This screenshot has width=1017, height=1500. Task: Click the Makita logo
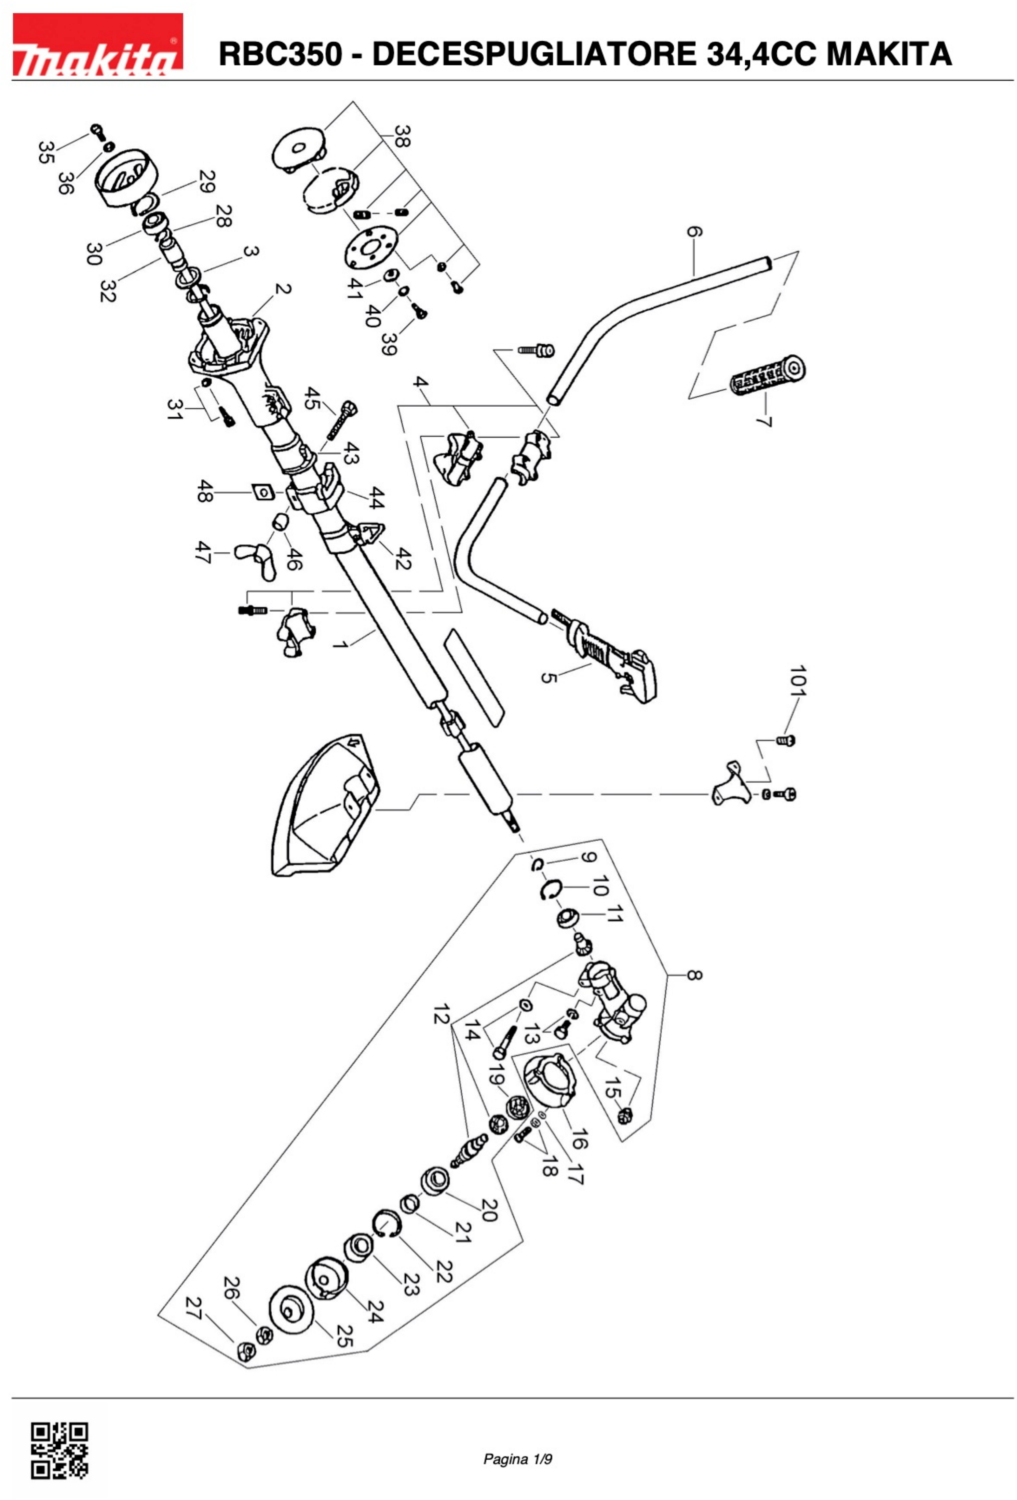[x=97, y=44]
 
